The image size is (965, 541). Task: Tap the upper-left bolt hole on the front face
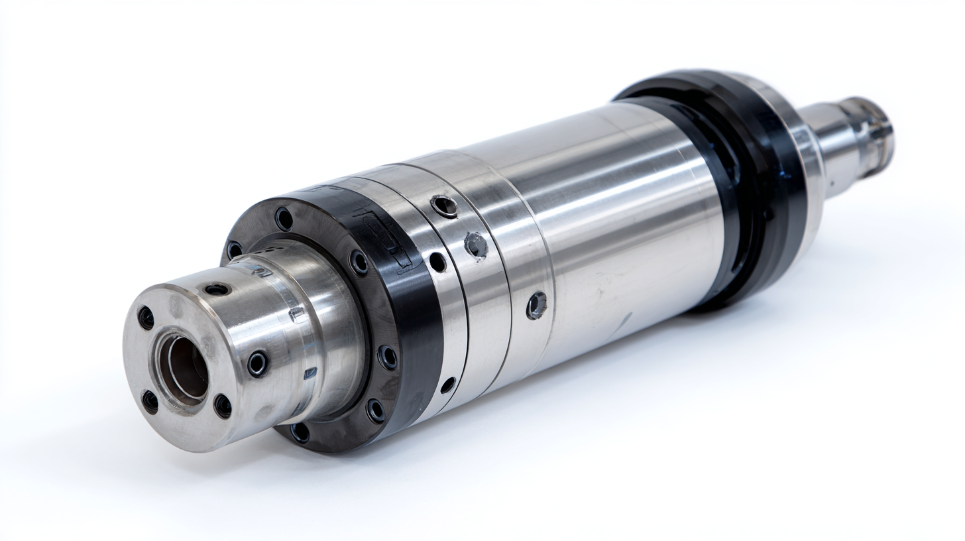click(145, 318)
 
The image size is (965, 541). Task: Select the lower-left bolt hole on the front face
click(150, 401)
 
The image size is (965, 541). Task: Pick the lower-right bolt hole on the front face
click(223, 406)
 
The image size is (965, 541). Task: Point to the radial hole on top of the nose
click(217, 289)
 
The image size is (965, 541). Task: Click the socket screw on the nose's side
click(257, 363)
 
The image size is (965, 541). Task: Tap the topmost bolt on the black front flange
click(284, 219)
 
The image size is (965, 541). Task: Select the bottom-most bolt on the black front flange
click(300, 432)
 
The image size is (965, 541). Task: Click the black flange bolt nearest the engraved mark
click(359, 262)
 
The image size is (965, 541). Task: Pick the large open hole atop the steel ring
click(444, 206)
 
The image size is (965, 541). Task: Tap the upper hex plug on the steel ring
click(476, 245)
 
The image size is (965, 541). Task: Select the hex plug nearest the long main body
click(536, 305)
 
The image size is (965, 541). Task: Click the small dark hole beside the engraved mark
click(437, 262)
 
